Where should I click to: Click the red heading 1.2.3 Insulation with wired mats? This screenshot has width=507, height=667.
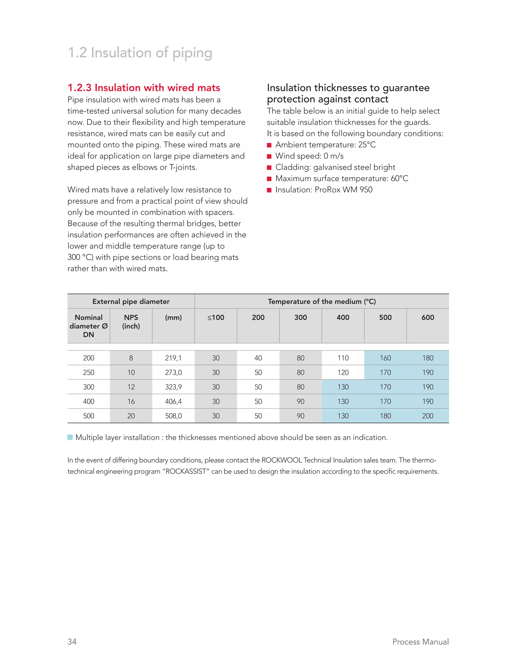coord(144,88)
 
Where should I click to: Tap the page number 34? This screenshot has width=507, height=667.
coord(72,642)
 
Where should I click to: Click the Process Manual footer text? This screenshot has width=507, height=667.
coord(420,642)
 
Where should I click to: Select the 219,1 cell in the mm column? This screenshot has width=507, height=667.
coord(173,358)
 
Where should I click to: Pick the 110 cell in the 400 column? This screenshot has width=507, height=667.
coord(343,358)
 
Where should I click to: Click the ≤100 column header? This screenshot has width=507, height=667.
coord(216,317)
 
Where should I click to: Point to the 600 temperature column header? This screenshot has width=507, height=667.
coord(428,317)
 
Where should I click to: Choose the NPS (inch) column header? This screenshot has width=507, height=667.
coord(131,322)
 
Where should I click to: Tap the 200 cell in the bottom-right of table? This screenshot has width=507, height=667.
coord(428,416)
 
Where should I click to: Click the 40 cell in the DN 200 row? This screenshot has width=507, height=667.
coord(258,358)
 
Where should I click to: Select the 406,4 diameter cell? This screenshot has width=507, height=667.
coord(173,401)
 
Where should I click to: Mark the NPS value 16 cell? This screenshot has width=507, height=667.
coord(131,401)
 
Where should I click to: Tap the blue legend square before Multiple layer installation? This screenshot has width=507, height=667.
coord(70,437)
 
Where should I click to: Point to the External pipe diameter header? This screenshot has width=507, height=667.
coord(131,302)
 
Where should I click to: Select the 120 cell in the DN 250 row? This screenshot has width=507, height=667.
coord(343,372)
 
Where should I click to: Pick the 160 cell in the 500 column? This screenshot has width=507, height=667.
coord(385,358)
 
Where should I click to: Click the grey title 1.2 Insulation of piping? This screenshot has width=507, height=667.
coord(140,53)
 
